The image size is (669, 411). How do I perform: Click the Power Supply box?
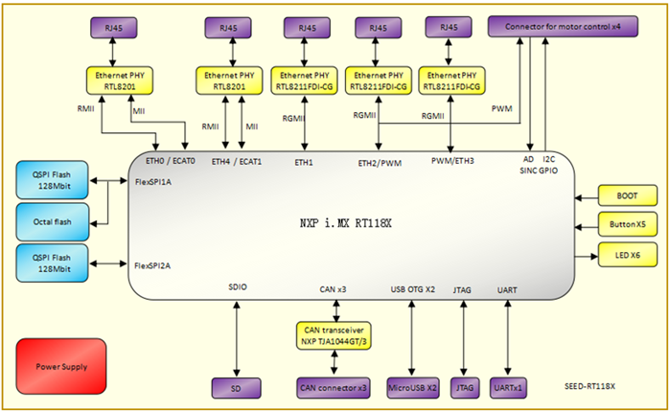[x=60, y=365]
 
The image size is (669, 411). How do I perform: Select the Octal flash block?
[x=53, y=221]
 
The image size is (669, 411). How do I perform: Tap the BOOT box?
[x=627, y=196]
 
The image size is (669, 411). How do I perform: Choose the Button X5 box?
[x=627, y=226]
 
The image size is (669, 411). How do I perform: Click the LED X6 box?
[x=627, y=256]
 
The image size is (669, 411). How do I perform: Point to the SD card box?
[x=236, y=387]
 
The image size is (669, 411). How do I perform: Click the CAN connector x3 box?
[x=334, y=387]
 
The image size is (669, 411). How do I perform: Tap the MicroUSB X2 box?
[x=413, y=387]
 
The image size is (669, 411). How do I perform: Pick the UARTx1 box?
[x=507, y=387]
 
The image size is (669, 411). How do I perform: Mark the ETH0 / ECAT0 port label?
[x=171, y=161]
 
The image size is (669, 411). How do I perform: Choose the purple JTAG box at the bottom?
[x=465, y=387]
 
